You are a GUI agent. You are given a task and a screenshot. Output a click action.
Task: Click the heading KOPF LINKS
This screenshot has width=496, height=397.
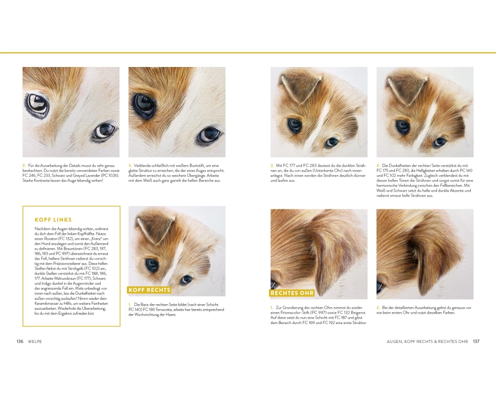pos(53,220)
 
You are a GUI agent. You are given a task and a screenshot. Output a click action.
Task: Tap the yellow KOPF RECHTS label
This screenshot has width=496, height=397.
pos(149,290)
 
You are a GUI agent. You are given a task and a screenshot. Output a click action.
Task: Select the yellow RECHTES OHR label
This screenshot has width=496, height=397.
pos(292,293)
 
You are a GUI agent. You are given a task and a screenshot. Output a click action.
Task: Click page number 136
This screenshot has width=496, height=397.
pos(20,341)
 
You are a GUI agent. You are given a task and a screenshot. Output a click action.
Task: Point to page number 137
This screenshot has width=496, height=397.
pos(476,341)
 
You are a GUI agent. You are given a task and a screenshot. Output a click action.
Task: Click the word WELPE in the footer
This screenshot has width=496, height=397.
pos(35,341)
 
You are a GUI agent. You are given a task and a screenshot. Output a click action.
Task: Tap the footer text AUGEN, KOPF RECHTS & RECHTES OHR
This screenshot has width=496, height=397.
pos(427,341)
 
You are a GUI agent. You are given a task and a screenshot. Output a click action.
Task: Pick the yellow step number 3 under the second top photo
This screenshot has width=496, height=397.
pos(129,166)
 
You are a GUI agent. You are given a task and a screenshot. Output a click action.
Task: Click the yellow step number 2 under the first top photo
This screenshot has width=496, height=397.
pos(24,166)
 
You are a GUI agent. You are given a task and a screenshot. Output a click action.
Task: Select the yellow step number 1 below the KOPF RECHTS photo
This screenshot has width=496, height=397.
pos(129,305)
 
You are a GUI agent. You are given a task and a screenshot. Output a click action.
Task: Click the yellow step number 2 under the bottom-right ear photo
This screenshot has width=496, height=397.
pos(378,308)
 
